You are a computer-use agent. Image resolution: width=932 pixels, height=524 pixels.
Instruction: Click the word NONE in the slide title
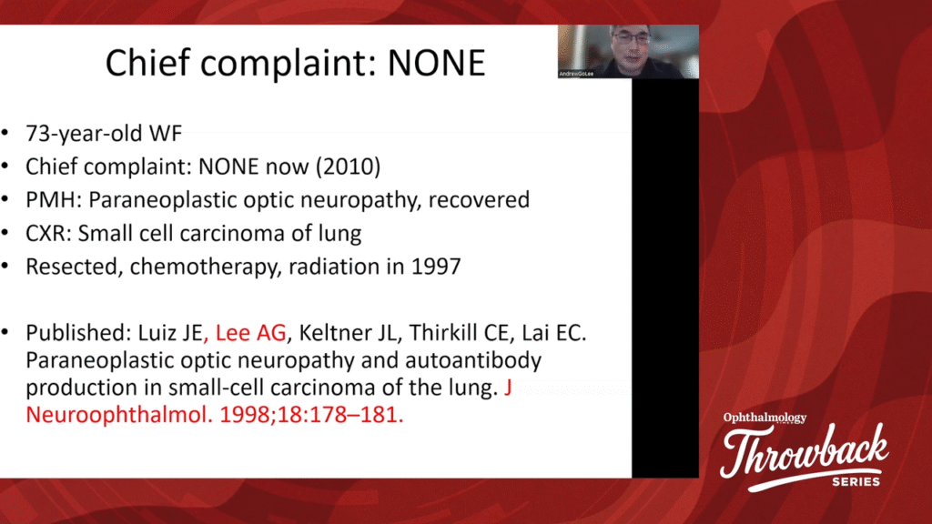pos(436,63)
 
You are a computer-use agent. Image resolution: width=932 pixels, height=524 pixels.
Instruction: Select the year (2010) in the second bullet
pos(349,167)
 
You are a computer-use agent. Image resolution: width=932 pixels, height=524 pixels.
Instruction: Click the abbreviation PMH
pos(52,199)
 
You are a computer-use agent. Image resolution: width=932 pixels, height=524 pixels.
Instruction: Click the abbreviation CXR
pos(47,233)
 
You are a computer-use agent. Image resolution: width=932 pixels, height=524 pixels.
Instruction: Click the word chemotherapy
pos(205,267)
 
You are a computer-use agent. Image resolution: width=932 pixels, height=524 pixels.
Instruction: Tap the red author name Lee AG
pos(250,333)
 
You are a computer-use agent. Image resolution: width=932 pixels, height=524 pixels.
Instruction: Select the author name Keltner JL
pos(347,333)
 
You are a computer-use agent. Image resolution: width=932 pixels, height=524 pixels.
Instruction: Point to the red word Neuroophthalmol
pos(118,415)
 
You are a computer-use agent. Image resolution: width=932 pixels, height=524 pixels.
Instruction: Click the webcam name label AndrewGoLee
pos(576,74)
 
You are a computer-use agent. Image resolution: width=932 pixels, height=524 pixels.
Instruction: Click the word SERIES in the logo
pos(856,482)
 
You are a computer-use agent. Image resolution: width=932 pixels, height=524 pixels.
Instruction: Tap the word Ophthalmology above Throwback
pos(765,418)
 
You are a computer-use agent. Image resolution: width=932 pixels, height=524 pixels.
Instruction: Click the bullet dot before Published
pos(5,333)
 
